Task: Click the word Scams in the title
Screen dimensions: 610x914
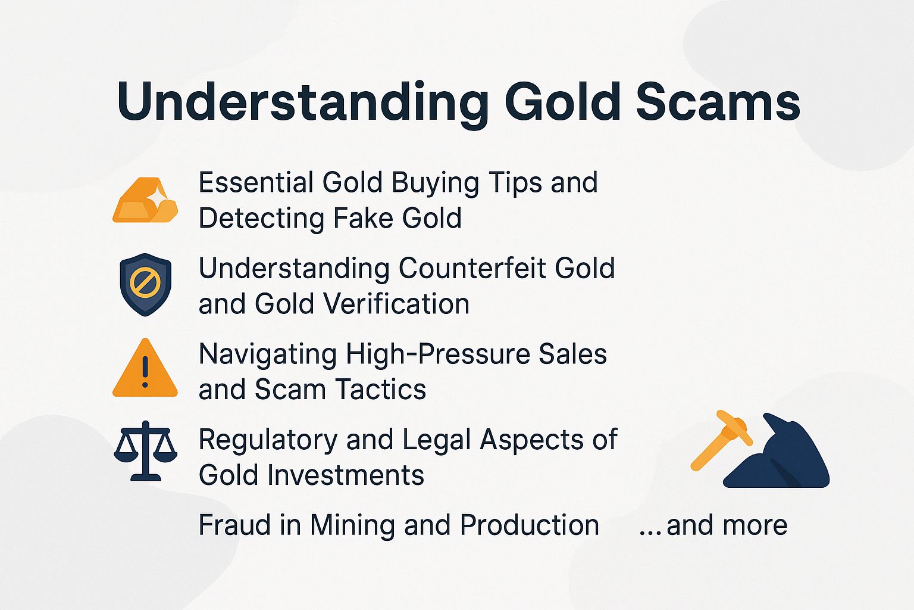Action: click(718, 102)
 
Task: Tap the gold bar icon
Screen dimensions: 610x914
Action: click(145, 201)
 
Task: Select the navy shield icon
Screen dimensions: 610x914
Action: click(145, 284)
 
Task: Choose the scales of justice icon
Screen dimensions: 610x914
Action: click(145, 451)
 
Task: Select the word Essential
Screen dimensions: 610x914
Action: click(256, 182)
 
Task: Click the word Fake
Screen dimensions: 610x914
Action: click(364, 218)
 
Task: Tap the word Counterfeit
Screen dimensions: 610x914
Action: click(473, 268)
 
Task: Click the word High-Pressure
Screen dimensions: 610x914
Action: click(439, 354)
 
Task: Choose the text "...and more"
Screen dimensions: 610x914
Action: click(713, 525)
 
